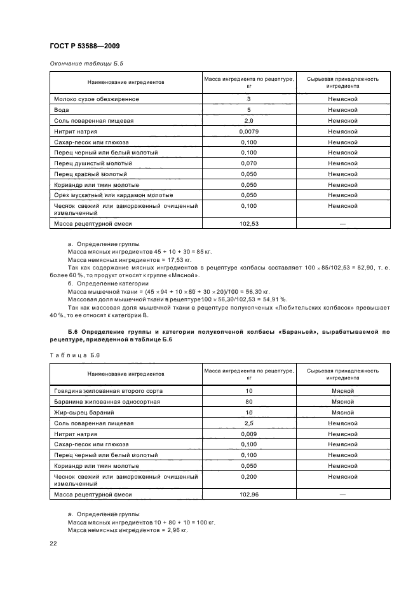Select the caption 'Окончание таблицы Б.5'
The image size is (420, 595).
81,64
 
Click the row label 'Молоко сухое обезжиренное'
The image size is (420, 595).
97,99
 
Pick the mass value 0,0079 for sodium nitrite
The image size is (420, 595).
248,132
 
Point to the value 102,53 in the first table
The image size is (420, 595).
248,224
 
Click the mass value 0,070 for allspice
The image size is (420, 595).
248,163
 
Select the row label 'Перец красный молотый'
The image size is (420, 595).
91,174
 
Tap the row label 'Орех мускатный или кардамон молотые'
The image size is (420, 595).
114,195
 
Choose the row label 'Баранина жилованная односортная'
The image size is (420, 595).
107,402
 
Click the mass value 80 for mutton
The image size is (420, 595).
248,402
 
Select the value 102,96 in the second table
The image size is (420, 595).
248,494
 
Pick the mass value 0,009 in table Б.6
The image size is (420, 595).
248,434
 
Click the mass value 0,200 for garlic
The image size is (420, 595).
248,476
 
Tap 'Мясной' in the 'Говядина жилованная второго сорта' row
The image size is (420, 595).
342,391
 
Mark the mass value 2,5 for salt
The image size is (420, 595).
248,423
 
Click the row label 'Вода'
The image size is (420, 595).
62,110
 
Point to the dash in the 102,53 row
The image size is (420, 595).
342,224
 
